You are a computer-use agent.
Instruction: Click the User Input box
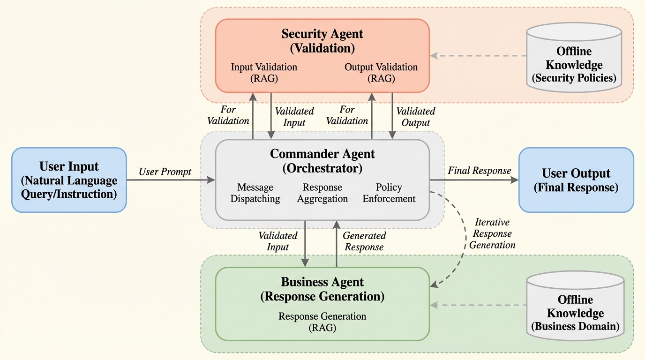pyautogui.click(x=69, y=180)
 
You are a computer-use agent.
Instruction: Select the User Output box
pyautogui.click(x=576, y=180)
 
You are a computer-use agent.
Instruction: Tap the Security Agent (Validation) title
pyautogui.click(x=322, y=41)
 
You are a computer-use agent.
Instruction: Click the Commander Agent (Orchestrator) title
pyautogui.click(x=322, y=161)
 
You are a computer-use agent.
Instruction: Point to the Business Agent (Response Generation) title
pyautogui.click(x=322, y=289)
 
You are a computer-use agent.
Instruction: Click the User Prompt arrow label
pyautogui.click(x=165, y=172)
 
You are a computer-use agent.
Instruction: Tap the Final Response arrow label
pyautogui.click(x=479, y=171)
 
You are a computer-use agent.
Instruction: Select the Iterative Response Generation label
pyautogui.click(x=492, y=233)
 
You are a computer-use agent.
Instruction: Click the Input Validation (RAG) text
pyautogui.click(x=264, y=73)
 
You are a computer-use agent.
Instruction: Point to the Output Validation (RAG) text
pyautogui.click(x=381, y=73)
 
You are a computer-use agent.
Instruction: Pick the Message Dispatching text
pyautogui.click(x=255, y=193)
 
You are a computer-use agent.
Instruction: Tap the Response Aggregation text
pyautogui.click(x=322, y=193)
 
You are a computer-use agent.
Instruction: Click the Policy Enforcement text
pyautogui.click(x=389, y=193)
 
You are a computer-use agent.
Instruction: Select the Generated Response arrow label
pyautogui.click(x=364, y=241)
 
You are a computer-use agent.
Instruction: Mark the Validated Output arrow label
pyautogui.click(x=416, y=117)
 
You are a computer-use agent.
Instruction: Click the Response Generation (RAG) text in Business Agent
pyautogui.click(x=322, y=322)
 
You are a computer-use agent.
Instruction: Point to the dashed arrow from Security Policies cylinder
pyautogui.click(x=478, y=56)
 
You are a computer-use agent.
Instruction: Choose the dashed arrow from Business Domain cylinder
pyautogui.click(x=478, y=305)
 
